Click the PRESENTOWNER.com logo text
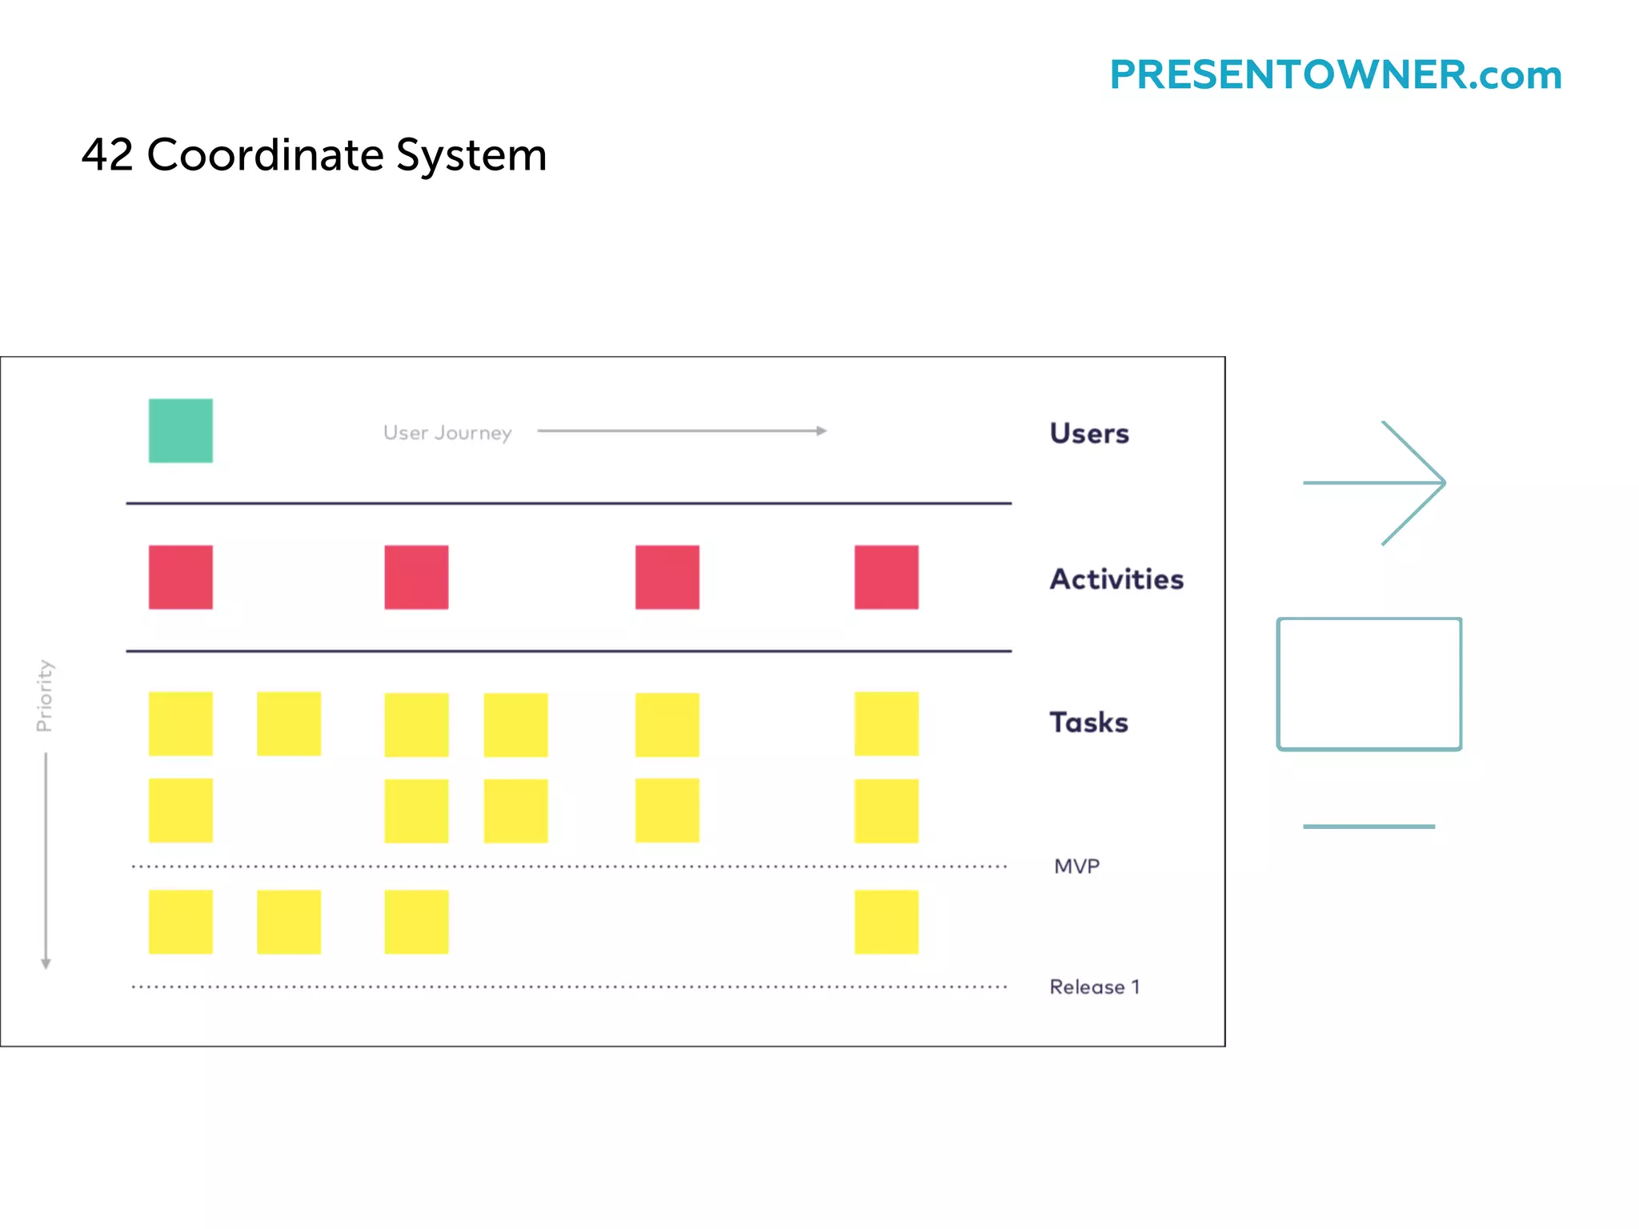1335,75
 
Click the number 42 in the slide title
107,154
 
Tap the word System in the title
471,156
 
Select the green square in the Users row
181,430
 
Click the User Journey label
447,433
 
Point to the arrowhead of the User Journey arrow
822,430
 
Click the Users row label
1089,433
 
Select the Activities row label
1116,578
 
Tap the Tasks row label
1088,722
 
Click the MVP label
1076,866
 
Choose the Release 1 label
1094,987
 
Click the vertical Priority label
45,695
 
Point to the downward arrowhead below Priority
46,963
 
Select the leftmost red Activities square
181,577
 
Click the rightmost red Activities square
886,577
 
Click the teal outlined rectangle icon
1369,683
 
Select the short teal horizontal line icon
1369,827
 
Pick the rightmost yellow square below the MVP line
886,922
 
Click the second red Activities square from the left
416,577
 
